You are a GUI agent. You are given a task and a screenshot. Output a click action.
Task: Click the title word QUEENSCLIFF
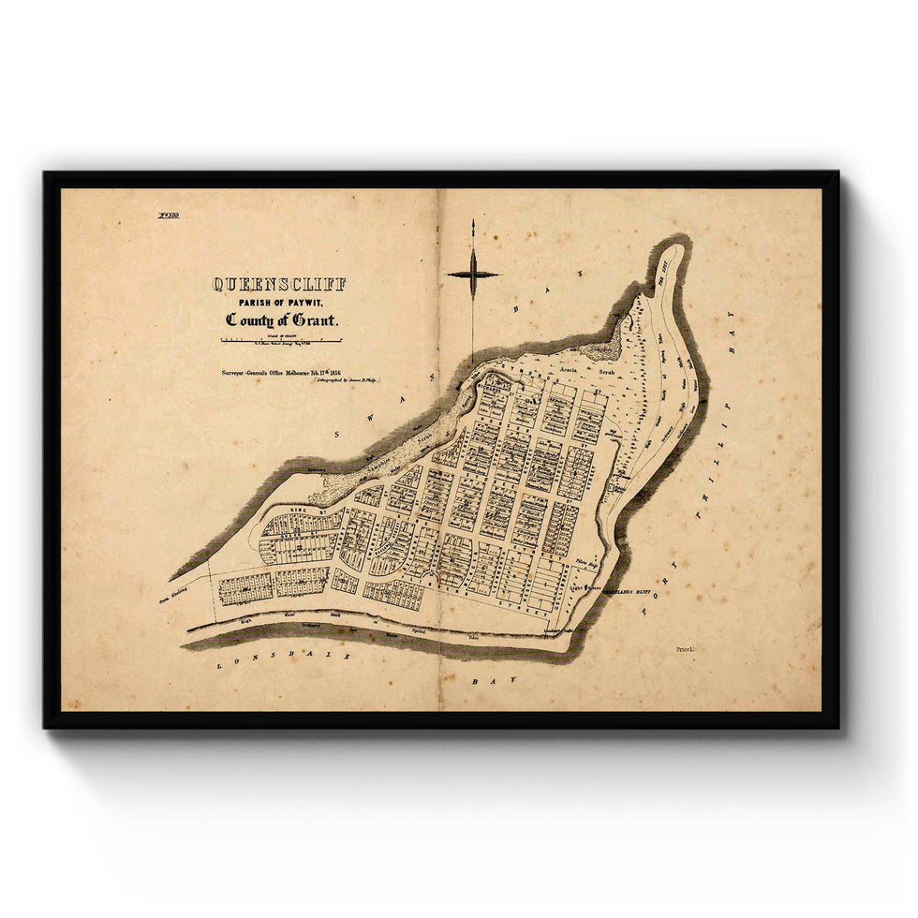pos(279,284)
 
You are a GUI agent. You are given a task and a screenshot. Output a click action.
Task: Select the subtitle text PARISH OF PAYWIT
pos(279,302)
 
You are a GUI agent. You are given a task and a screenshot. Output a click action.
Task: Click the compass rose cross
pos(473,274)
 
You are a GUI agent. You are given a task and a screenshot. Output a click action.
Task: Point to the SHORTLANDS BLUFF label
pos(629,594)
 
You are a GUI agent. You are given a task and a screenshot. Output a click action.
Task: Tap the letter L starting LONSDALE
pos(221,660)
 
